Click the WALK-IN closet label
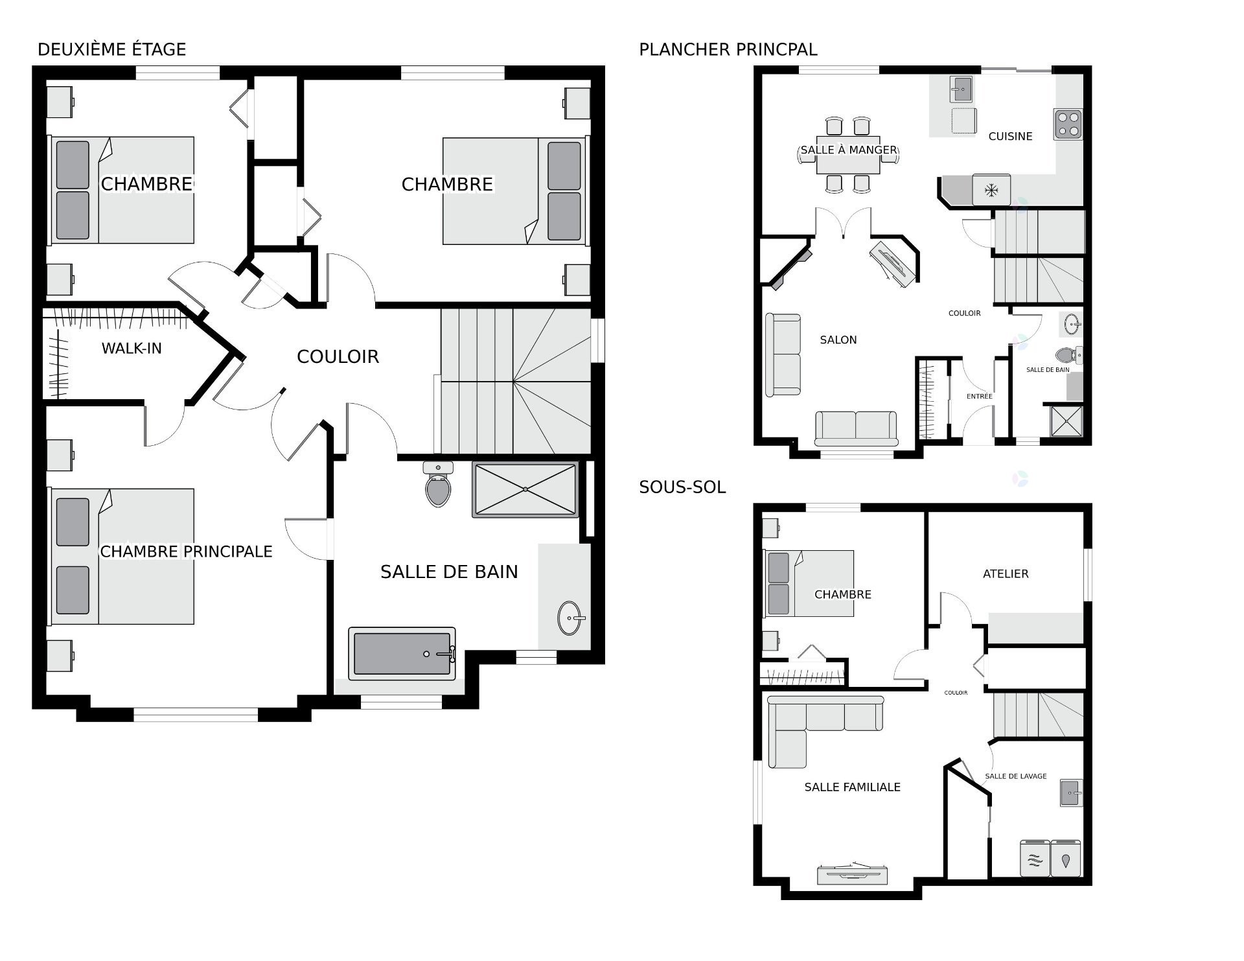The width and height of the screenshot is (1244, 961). pos(132,349)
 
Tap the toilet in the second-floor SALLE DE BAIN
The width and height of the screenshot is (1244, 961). pos(439,484)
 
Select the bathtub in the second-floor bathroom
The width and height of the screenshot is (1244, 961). pos(402,654)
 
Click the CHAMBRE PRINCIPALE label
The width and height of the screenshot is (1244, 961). pos(186,551)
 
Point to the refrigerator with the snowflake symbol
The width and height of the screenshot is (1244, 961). pos(991,190)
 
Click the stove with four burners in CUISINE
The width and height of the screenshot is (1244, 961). pos(1068,124)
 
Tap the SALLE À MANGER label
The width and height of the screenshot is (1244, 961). pos(849,150)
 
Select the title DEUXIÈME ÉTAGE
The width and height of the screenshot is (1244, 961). pos(112,49)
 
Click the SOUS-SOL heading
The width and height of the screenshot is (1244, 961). pos(682,487)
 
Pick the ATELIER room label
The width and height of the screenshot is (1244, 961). pos(1006,573)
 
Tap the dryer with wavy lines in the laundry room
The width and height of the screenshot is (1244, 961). pos(1035,859)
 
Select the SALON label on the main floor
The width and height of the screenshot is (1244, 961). pos(838,340)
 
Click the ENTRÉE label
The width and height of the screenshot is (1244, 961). pos(980,396)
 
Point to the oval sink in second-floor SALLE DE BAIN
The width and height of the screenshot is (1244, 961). pos(570,618)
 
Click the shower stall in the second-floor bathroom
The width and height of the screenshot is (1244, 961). pos(525,489)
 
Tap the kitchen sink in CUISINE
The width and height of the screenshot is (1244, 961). pos(962,89)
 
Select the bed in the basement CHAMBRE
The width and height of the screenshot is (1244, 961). pos(809,583)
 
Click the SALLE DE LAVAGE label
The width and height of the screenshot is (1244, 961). pos(1016,776)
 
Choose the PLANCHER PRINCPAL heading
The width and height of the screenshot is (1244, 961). pos(728,49)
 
